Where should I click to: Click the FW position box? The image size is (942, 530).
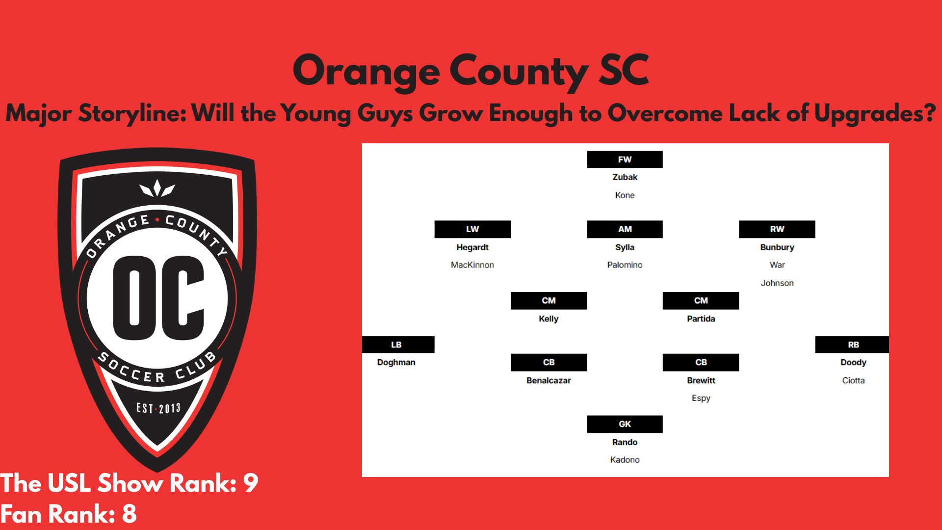(x=625, y=159)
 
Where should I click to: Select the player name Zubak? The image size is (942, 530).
(x=625, y=177)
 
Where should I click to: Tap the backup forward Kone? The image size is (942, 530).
(x=625, y=195)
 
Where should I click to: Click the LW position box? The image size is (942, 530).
(x=472, y=229)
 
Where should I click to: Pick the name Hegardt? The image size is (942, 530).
(x=472, y=247)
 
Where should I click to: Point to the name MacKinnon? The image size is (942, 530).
(x=472, y=265)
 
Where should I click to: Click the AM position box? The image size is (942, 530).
(x=625, y=229)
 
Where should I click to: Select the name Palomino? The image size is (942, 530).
(x=625, y=265)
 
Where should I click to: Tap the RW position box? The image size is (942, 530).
(x=777, y=229)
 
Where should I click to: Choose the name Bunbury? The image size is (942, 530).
(x=777, y=247)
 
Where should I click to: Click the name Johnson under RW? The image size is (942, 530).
(x=777, y=283)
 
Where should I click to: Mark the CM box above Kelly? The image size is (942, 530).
(x=549, y=301)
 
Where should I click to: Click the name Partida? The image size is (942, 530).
(x=701, y=319)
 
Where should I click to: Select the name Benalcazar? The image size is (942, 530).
(x=549, y=380)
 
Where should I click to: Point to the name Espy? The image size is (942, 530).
(x=701, y=398)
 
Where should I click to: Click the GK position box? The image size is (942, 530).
(x=625, y=424)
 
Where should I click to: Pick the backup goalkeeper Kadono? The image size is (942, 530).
(x=625, y=460)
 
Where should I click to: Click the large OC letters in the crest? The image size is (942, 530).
(x=158, y=298)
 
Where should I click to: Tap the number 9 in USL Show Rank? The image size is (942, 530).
(x=250, y=483)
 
